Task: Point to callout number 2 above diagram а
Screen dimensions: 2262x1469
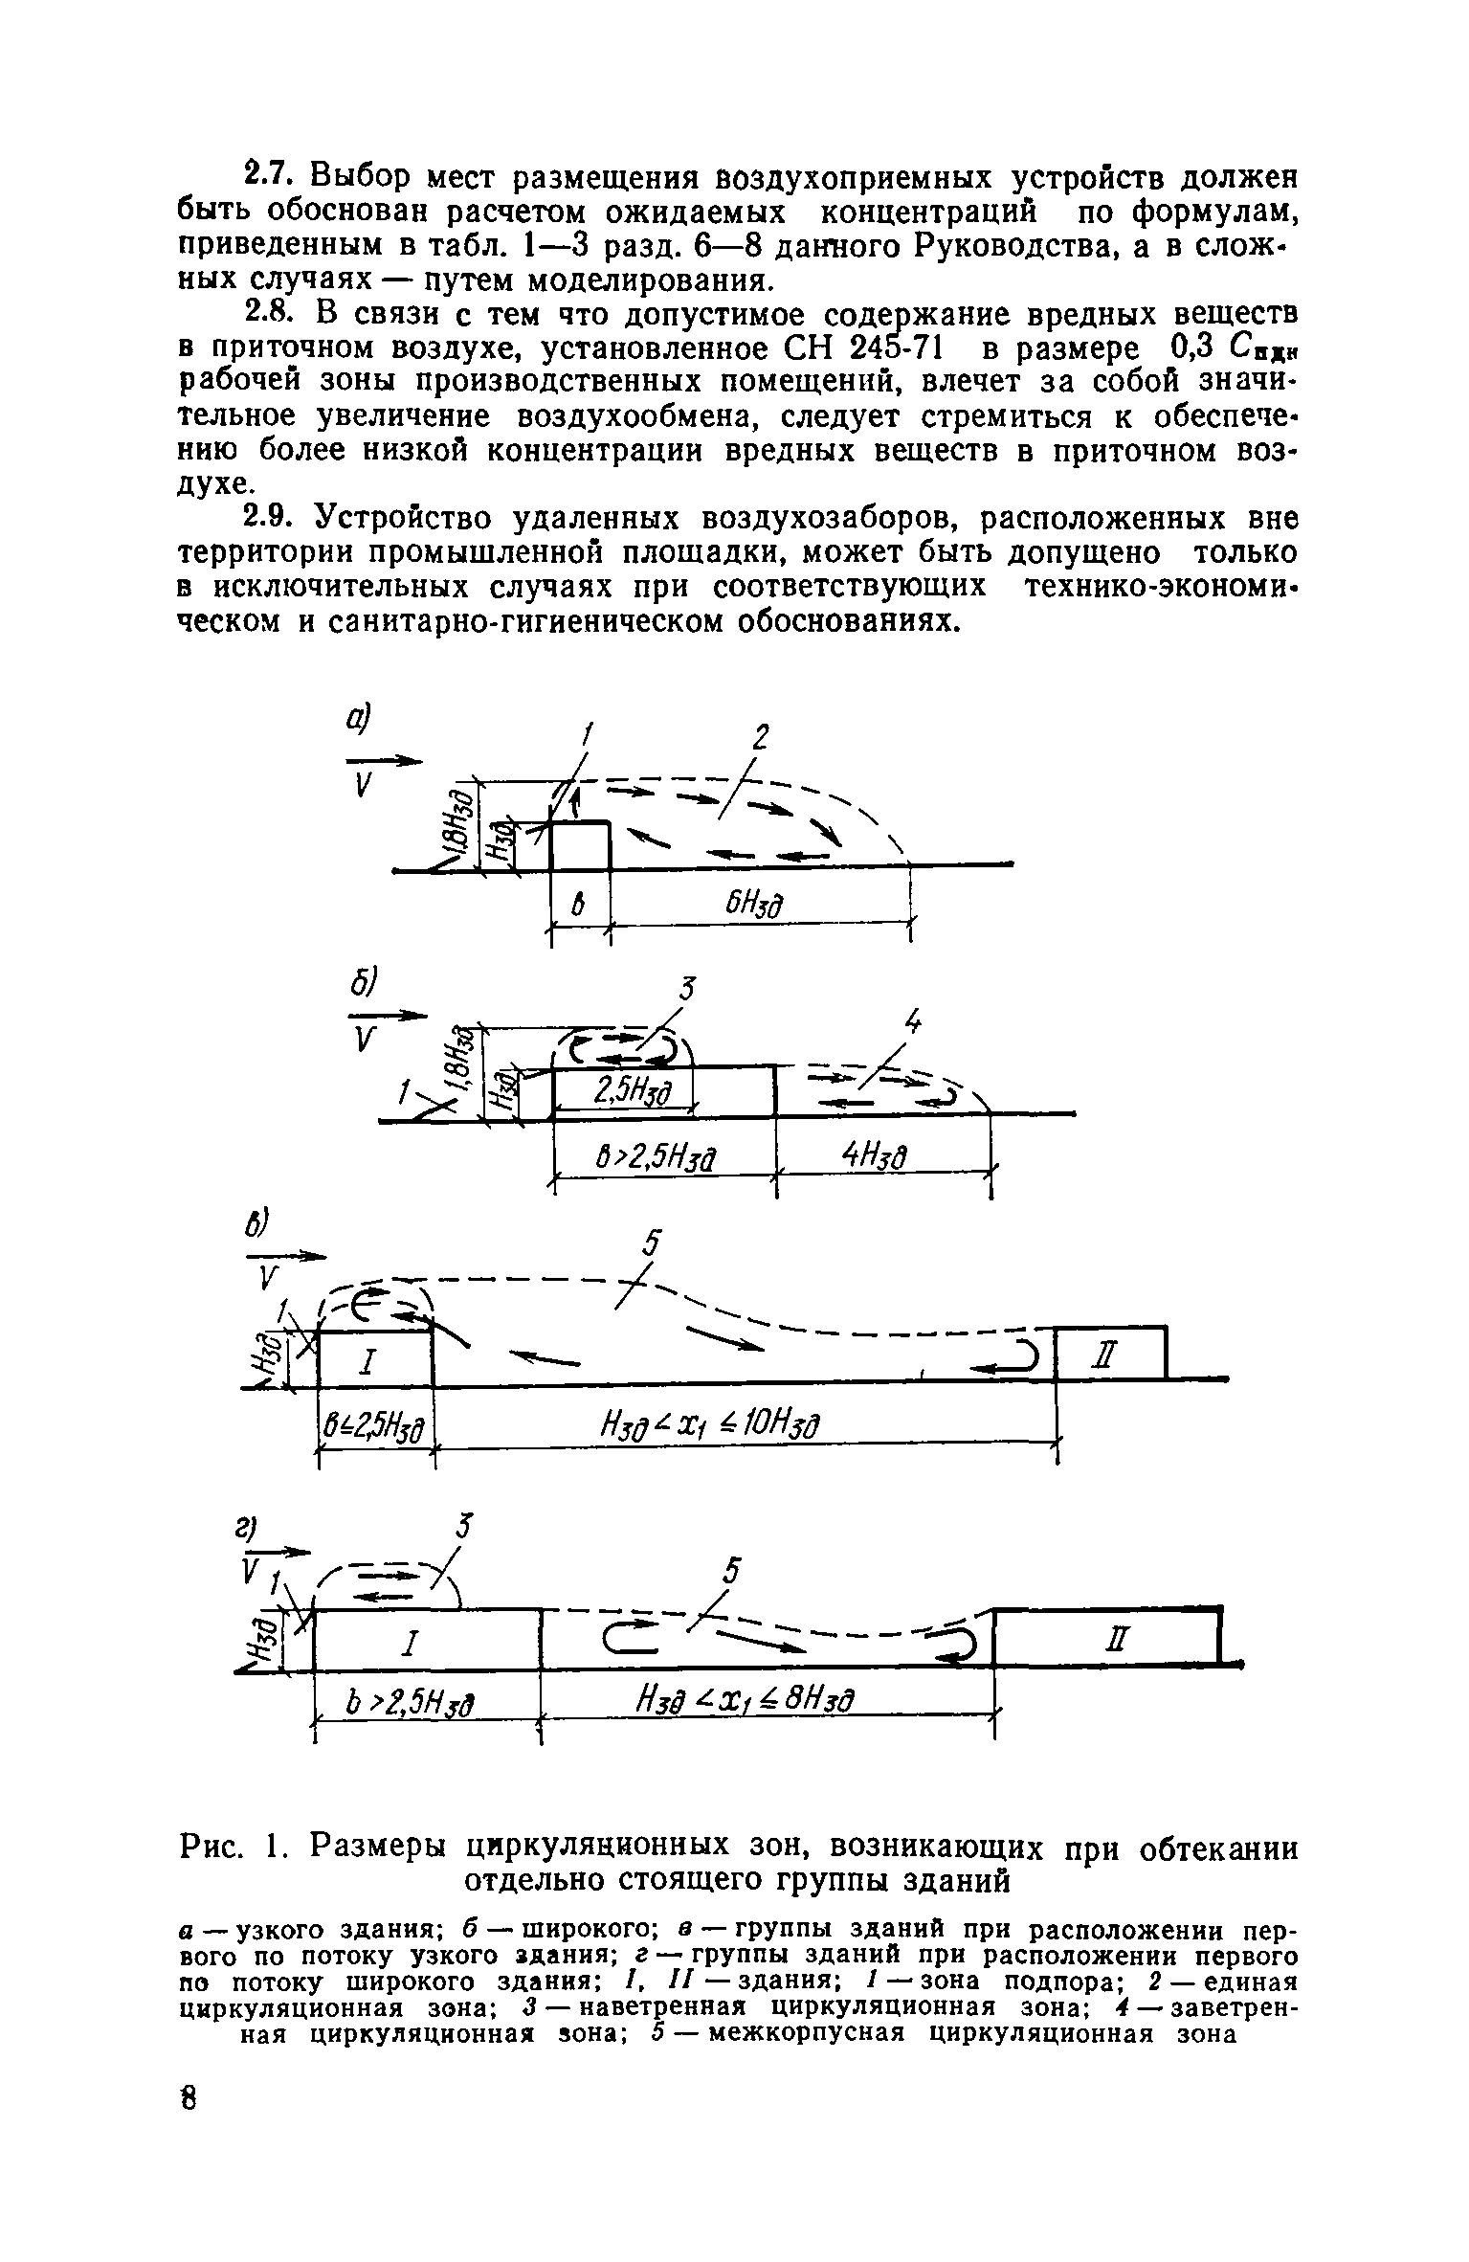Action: click(x=761, y=738)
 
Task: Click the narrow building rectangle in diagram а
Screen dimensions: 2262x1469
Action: click(x=581, y=844)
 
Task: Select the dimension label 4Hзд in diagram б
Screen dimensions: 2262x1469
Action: click(x=873, y=1157)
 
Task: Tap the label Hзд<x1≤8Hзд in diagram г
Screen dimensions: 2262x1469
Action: click(x=743, y=1700)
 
